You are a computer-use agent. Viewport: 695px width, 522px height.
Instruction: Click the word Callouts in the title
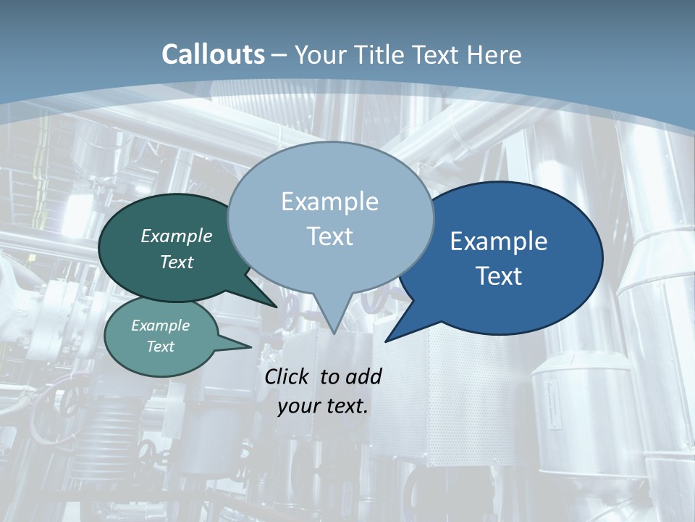(x=213, y=54)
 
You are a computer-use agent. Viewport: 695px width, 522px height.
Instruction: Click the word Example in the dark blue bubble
(x=499, y=241)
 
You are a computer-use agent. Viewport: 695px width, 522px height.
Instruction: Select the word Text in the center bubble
(x=329, y=236)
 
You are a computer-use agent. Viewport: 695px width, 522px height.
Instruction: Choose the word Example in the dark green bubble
(x=177, y=236)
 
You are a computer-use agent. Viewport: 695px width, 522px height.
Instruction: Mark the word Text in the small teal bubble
(x=161, y=347)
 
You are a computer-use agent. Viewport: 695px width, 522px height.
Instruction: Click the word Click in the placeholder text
(x=287, y=376)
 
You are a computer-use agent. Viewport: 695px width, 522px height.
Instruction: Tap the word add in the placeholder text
(x=363, y=376)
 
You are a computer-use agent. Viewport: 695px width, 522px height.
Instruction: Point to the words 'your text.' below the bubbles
(x=323, y=406)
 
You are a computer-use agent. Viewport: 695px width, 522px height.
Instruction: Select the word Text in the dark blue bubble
(x=500, y=276)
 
